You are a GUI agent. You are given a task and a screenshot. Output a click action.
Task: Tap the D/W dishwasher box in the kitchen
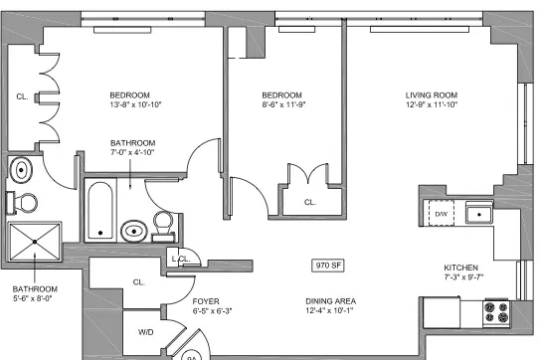point(440,214)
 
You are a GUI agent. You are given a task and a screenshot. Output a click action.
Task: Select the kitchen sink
point(481,212)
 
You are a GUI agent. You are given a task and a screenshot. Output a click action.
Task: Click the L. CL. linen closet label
point(182,260)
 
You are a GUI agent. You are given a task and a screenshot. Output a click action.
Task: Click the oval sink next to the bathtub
point(133,233)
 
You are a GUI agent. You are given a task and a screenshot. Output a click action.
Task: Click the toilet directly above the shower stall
point(24,202)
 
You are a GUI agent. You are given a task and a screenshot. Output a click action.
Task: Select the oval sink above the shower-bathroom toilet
point(21,171)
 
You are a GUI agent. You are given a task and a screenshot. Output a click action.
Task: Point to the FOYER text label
point(206,300)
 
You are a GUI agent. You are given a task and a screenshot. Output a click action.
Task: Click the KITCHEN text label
point(462,269)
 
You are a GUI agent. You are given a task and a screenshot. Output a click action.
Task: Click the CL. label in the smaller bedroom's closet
point(309,202)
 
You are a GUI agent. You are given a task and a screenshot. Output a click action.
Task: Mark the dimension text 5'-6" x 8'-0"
point(37,295)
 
